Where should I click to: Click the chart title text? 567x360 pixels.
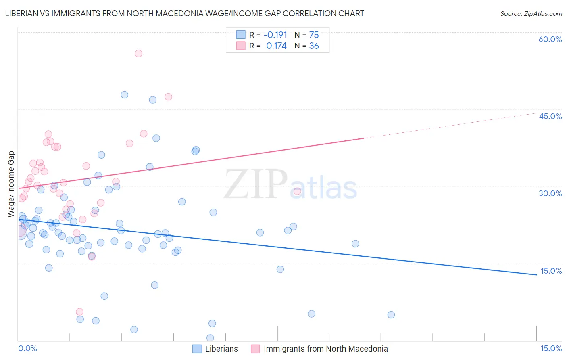tap(185, 14)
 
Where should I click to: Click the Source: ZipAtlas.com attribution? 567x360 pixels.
tap(531, 14)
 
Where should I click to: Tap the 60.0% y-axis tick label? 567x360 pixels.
tap(550, 39)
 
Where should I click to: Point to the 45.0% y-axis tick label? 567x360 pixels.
tap(550, 116)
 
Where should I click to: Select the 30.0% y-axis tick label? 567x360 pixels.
tap(550, 193)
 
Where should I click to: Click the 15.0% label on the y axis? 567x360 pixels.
tap(551, 271)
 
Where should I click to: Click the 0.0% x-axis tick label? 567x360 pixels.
tap(27, 348)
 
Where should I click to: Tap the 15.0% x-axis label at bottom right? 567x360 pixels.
tap(551, 348)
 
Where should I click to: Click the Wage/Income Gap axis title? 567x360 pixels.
tap(11, 184)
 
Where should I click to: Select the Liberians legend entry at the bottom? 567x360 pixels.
tap(221, 349)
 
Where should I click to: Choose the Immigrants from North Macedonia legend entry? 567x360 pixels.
tap(325, 349)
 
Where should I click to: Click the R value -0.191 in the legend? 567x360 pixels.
tap(275, 35)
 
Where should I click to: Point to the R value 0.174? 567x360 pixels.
tap(276, 46)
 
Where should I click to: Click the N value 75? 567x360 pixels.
tap(314, 35)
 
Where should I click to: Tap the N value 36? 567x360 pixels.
tap(314, 46)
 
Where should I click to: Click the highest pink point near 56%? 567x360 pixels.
tap(138, 53)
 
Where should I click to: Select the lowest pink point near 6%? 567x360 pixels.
tap(79, 312)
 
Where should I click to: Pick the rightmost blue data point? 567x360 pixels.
tap(391, 315)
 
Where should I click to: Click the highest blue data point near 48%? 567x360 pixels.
tap(124, 95)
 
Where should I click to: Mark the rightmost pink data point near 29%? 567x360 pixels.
tap(297, 191)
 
